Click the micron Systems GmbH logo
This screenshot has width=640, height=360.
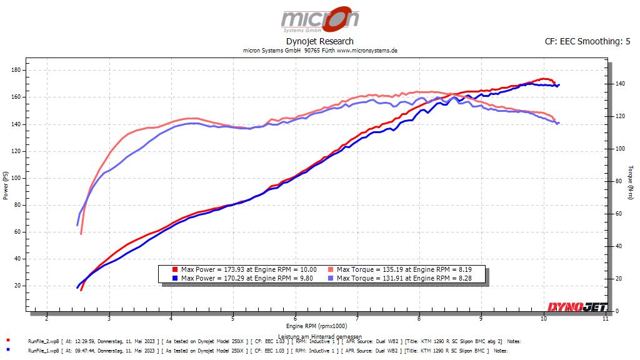coord(320,19)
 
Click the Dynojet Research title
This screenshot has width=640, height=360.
coord(319,41)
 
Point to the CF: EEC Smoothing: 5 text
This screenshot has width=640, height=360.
coord(587,41)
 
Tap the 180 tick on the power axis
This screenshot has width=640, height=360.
coord(16,70)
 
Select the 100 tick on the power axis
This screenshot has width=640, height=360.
coord(16,178)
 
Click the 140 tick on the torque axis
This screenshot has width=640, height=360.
coord(620,84)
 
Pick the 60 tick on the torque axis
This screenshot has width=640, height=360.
coord(619,214)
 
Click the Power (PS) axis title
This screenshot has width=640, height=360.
coord(5,185)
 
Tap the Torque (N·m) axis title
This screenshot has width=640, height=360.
coord(631,182)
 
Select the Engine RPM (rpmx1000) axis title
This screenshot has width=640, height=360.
coord(317,326)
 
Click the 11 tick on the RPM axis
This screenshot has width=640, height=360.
coord(605,318)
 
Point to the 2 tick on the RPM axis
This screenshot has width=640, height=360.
coord(47,318)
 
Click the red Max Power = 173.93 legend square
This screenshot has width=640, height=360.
coord(175,269)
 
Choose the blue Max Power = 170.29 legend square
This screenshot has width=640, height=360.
coord(175,278)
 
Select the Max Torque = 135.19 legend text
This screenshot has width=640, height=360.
coord(404,269)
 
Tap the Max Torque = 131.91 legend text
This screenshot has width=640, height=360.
coord(404,278)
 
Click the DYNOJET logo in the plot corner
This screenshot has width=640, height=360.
coord(577,306)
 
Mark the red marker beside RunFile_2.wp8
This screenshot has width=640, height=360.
coord(7,340)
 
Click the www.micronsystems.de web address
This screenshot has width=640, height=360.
coord(367,51)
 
